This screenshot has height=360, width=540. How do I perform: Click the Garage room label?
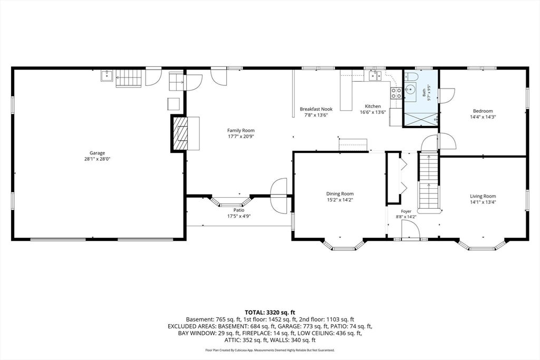click(97, 153)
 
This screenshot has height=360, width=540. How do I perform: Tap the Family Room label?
click(240, 130)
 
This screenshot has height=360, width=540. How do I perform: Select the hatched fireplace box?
click(180, 133)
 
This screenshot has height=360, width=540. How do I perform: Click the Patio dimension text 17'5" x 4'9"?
click(239, 217)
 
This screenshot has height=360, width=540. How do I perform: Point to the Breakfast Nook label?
click(316, 109)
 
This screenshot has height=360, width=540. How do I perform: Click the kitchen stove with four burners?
click(396, 93)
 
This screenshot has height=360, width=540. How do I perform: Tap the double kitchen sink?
click(375, 75)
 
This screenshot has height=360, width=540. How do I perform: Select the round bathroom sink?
click(410, 90)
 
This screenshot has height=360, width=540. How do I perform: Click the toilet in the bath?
click(411, 76)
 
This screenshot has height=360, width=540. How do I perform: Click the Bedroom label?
click(483, 111)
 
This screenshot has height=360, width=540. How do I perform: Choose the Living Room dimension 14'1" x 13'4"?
click(483, 202)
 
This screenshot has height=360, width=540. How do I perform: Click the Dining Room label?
click(340, 194)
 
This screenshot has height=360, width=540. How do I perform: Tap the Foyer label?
click(406, 211)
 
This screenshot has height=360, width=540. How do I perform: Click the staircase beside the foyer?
click(429, 181)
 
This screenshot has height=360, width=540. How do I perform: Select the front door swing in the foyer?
click(410, 229)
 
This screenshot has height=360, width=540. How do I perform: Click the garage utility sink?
click(107, 76)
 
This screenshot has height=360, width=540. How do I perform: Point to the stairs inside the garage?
click(129, 79)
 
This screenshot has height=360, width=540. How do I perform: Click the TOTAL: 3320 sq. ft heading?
click(270, 313)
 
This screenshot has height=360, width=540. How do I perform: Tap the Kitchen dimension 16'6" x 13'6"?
click(373, 112)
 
